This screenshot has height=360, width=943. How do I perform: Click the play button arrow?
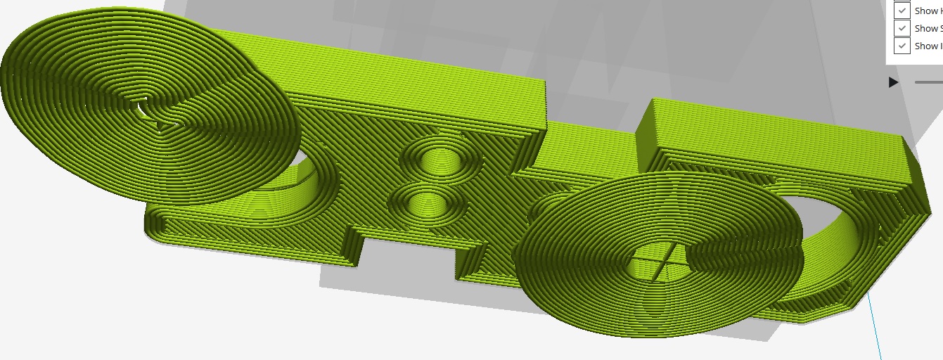pos(893,82)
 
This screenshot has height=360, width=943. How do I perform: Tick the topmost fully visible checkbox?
pos(902,11)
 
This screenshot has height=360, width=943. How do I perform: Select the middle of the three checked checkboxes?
pos(902,28)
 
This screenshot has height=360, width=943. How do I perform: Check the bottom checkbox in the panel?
pos(902,46)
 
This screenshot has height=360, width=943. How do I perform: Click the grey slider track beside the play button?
pos(928,82)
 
